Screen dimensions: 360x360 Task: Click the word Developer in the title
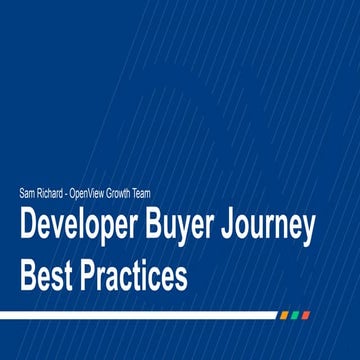coord(79,229)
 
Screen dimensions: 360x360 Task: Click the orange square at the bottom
coord(284,315)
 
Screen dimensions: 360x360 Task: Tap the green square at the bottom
coord(295,315)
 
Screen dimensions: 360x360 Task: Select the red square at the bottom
coord(306,315)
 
